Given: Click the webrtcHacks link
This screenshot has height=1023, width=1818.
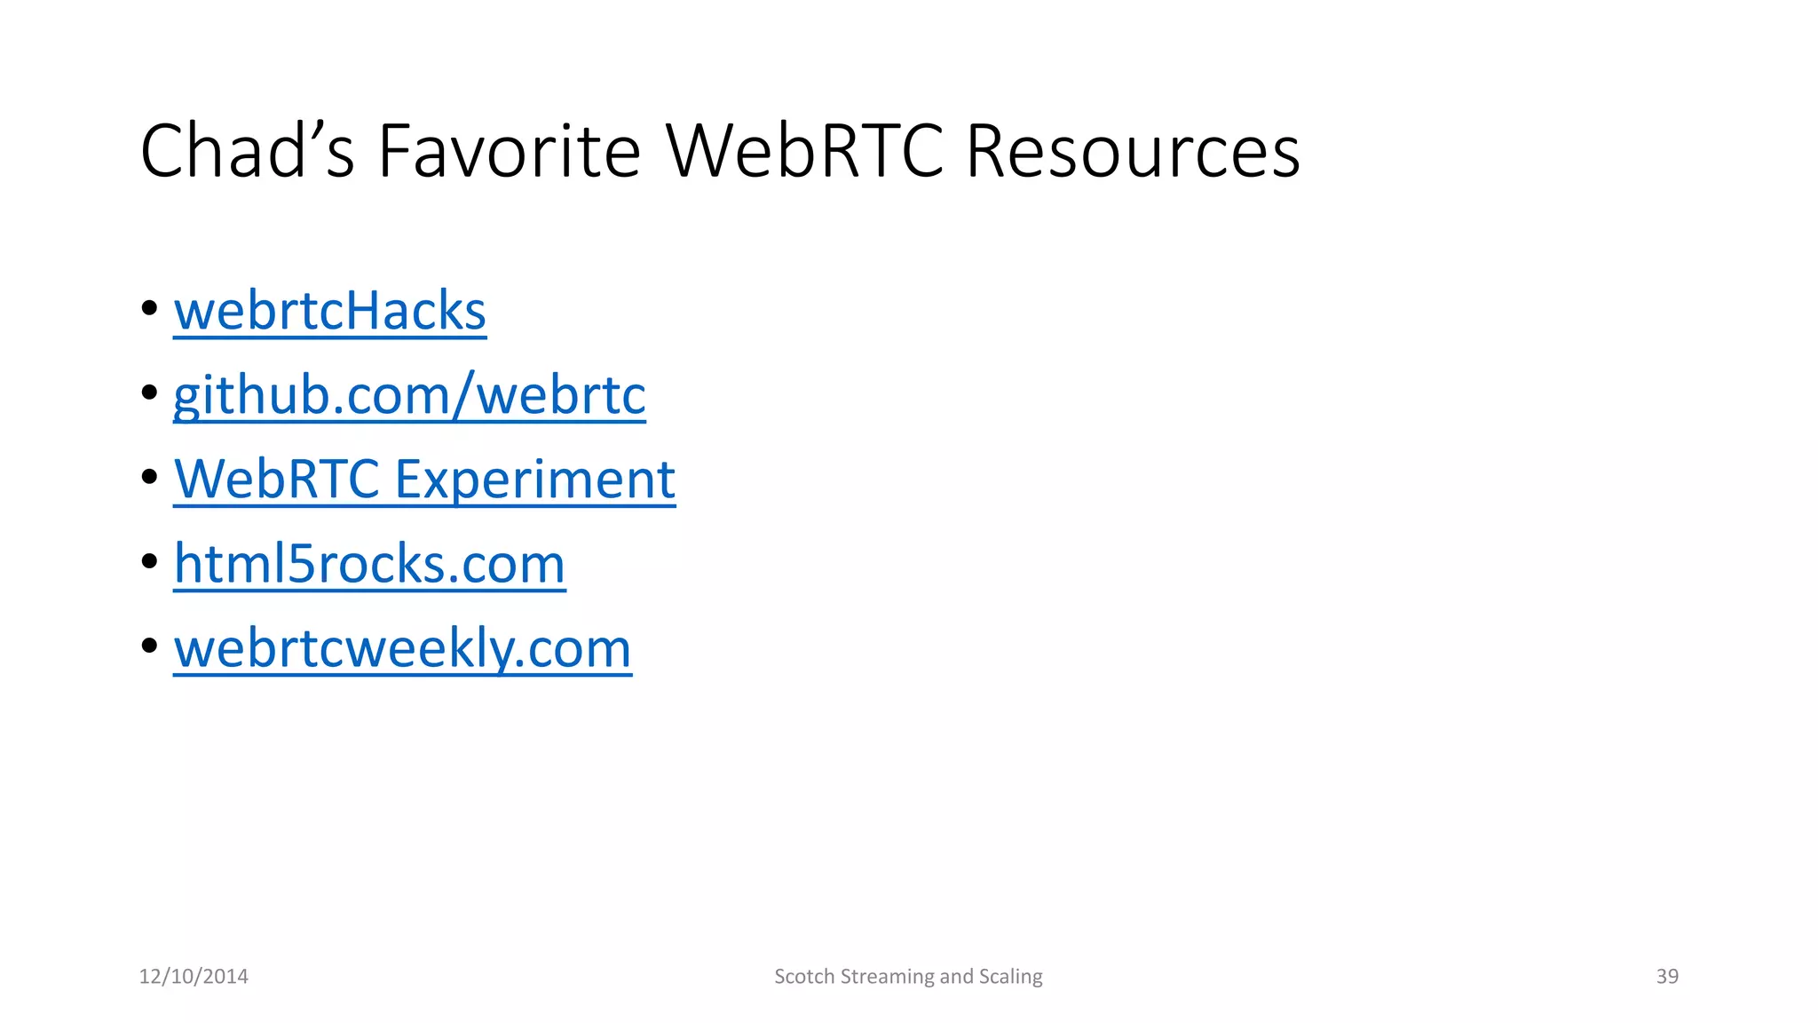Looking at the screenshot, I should [329, 311].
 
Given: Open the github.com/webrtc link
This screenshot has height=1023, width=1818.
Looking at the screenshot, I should [409, 394].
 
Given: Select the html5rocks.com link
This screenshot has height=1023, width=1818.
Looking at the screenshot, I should [369, 564].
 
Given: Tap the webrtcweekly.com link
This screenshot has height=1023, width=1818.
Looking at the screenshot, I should [402, 648].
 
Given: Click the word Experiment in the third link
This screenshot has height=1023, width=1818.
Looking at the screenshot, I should [534, 480].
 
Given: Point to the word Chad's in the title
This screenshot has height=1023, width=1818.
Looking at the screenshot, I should [247, 151].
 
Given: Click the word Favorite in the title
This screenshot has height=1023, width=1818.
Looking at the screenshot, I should [509, 151].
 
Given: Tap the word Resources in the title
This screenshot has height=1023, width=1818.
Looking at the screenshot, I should [1133, 151].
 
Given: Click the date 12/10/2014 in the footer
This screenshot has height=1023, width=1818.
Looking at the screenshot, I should [194, 977].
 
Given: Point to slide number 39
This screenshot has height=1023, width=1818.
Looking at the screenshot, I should [1667, 977].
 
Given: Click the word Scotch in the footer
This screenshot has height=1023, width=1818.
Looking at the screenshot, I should [804, 977].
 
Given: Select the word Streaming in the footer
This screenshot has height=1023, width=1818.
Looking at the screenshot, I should [887, 977].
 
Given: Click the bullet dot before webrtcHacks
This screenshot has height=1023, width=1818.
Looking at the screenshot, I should [149, 308].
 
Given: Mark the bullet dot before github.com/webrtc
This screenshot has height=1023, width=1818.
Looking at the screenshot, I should [149, 393].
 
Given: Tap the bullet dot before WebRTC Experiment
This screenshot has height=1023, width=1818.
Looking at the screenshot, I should [149, 477].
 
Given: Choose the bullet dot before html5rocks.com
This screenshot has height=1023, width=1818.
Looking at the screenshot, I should [149, 561].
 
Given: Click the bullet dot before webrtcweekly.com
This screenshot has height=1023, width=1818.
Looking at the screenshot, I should [149, 646].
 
